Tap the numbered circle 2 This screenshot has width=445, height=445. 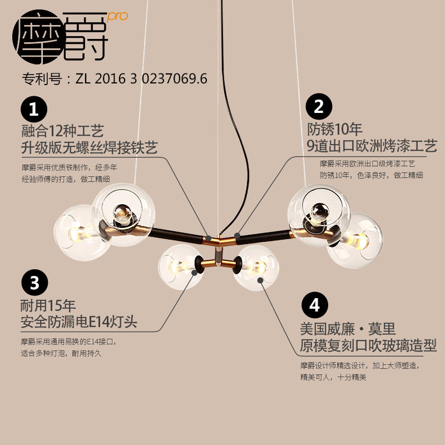pos(319,106)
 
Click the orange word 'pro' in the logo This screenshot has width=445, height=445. pos(117,16)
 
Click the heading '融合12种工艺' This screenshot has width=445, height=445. pos(62,131)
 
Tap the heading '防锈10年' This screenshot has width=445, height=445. pos(335,130)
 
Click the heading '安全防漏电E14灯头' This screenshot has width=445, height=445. pos(79,322)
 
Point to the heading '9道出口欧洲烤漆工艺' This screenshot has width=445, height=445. pos(372,146)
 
